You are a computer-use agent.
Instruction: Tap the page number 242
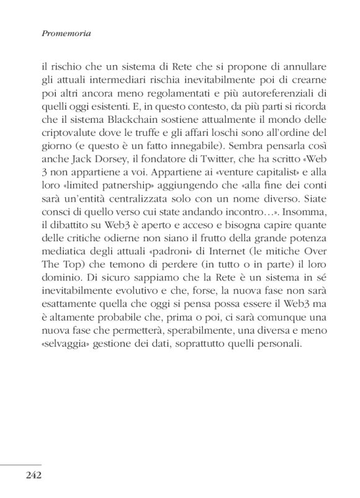point(34,476)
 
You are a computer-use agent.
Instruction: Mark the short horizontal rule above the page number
point(20,464)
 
